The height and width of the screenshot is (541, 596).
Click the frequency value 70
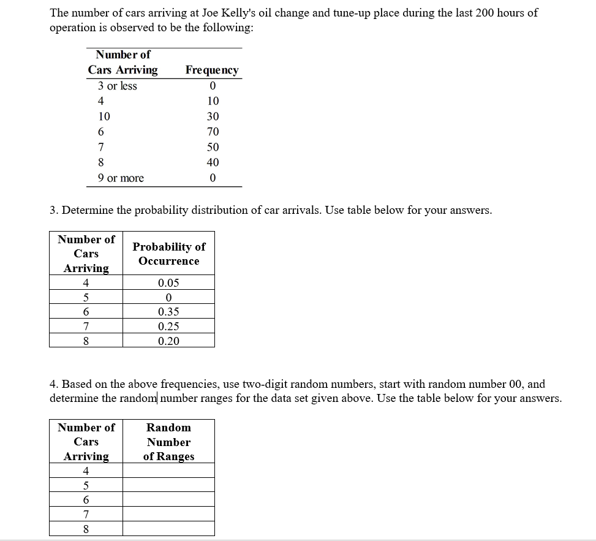pos(213,132)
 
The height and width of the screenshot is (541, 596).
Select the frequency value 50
pos(213,147)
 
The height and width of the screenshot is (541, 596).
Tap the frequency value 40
pos(213,162)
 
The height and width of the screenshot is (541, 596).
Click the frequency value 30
pos(213,116)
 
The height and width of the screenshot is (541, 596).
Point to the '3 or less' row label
pos(118,86)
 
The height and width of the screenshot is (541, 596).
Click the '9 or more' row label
pos(121,178)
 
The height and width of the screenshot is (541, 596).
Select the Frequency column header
pos(212,70)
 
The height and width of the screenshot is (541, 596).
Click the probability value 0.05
pos(168,283)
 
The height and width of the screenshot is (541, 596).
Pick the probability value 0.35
pos(168,312)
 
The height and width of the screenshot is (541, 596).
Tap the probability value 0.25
pos(168,327)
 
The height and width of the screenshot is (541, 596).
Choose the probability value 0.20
pos(168,341)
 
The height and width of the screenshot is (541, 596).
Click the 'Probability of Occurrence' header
pos(168,254)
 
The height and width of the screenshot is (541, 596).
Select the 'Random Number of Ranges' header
pos(168,442)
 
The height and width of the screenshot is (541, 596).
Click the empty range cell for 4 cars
pos(168,471)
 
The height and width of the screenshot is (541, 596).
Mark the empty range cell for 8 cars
pos(168,529)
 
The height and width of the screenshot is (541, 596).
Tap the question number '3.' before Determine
pos(54,210)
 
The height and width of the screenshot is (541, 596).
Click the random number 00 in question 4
pos(516,384)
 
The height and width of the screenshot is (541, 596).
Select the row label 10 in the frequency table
pos(104,116)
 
